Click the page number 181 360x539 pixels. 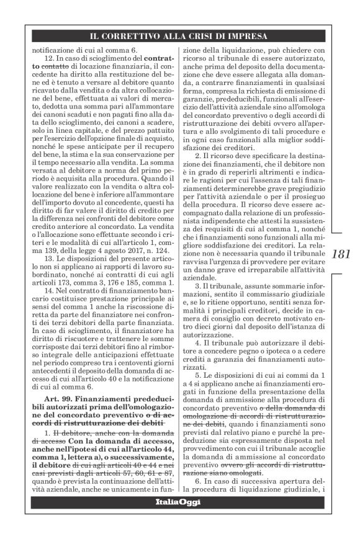tap(343, 254)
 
